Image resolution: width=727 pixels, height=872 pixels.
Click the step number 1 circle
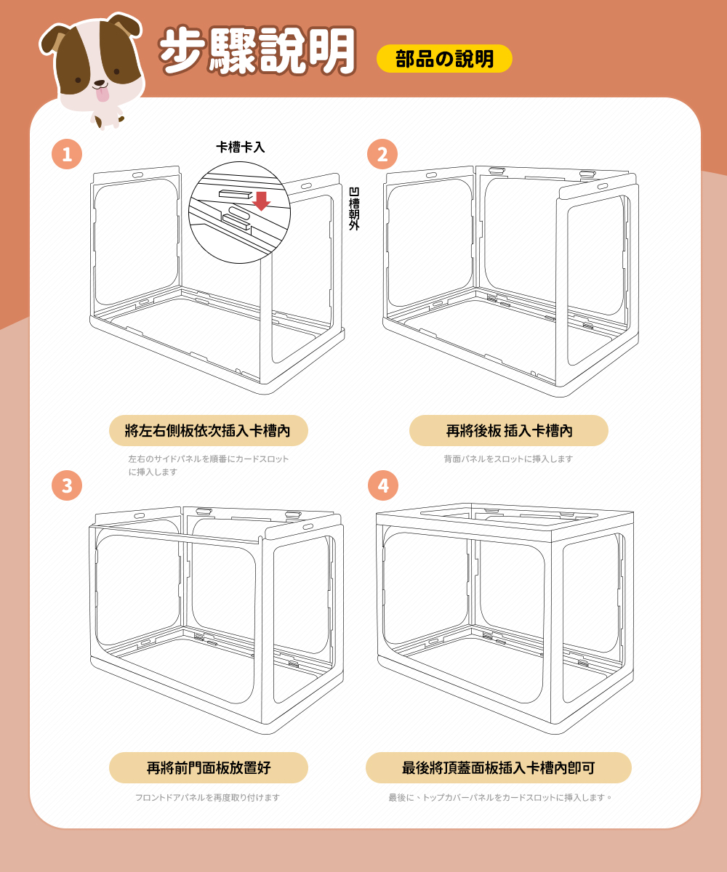[x=67, y=154]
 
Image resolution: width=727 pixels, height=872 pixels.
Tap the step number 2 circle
[x=382, y=154]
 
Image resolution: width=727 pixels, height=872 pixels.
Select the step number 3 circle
[x=67, y=485]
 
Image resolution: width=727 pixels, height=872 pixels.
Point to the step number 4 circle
[x=383, y=485]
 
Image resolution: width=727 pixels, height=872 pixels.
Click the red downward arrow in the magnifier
[x=262, y=201]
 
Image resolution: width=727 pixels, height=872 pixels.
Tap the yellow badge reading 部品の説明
[x=444, y=58]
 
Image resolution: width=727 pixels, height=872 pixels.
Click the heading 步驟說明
[x=257, y=51]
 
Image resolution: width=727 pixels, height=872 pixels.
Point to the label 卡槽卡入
[x=240, y=147]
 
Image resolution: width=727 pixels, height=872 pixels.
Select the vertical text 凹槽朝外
[x=354, y=209]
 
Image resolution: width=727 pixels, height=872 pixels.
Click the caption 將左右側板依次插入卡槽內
[x=208, y=431]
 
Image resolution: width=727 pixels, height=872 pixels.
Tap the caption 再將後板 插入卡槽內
[x=508, y=431]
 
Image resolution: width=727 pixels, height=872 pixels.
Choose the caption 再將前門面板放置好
[x=208, y=767]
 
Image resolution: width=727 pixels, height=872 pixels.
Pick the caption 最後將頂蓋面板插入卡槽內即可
[x=499, y=767]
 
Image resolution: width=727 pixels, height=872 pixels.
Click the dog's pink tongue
[x=102, y=94]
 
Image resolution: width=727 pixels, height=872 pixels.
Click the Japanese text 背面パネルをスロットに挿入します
[x=508, y=459]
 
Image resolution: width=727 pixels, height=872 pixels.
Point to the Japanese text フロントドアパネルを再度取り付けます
[x=208, y=797]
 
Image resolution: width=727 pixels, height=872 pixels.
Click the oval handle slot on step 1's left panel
[x=137, y=175]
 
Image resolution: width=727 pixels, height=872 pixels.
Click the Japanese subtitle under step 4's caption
[x=500, y=797]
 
